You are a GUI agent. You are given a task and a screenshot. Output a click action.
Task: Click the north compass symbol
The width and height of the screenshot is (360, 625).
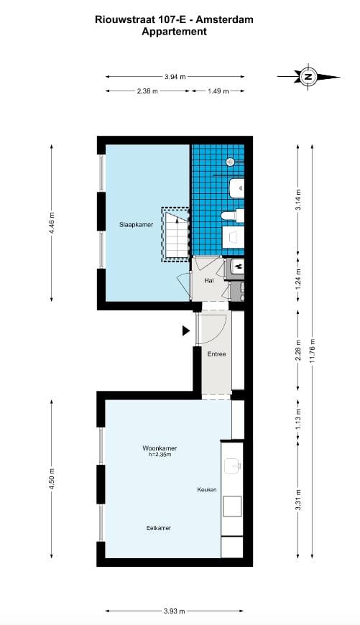point(308,76)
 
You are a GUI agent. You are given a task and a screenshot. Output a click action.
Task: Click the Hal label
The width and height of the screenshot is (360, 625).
point(209,281)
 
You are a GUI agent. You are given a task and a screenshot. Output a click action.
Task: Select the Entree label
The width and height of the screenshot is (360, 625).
point(216,354)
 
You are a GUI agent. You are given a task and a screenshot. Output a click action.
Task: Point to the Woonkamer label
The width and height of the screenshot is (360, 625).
point(160,448)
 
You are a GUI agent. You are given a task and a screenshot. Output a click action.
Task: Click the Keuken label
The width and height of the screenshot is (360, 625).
point(207,489)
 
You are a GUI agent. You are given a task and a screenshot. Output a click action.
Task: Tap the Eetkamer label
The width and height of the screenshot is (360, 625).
point(158,528)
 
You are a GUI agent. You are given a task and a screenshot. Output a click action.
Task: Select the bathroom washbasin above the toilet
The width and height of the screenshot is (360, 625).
point(236,189)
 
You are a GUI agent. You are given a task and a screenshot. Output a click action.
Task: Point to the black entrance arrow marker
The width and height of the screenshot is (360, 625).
point(185,330)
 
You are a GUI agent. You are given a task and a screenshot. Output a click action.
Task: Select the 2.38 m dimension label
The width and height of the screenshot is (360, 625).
point(147,91)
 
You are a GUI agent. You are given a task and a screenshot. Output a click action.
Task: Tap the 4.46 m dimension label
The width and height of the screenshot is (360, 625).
point(52,223)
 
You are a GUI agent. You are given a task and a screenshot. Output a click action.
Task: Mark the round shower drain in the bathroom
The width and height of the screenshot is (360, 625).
point(229,162)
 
